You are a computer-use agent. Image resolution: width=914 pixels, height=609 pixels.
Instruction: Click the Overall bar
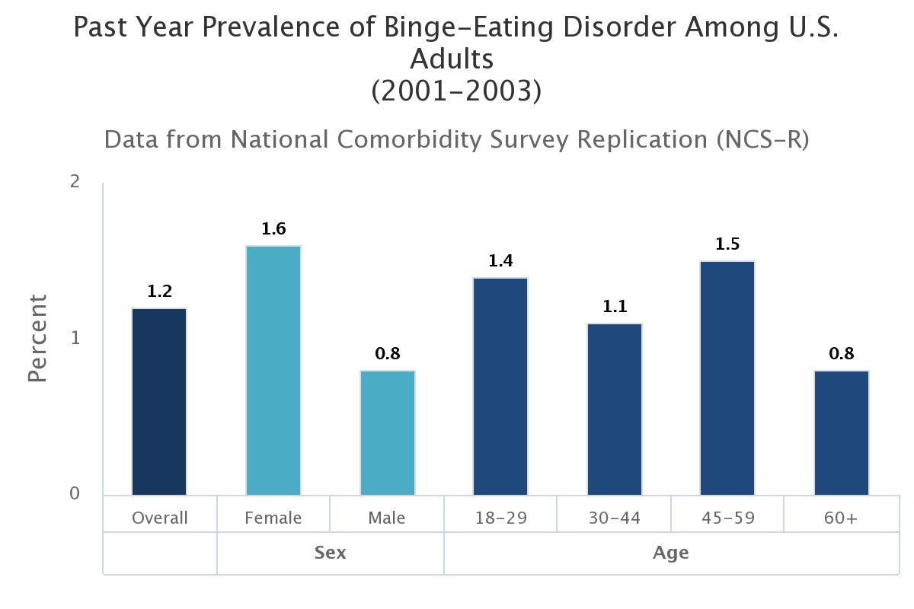point(159,402)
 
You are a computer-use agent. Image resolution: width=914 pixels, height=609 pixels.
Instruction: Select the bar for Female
point(273,371)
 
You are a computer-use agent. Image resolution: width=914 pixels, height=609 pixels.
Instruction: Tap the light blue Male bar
point(388,433)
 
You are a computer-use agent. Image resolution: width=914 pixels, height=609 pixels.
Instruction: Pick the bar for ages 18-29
point(500,387)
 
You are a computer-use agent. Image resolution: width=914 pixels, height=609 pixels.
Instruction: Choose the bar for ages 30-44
point(615,410)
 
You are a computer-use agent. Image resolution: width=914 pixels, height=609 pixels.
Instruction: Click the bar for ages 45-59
point(727,378)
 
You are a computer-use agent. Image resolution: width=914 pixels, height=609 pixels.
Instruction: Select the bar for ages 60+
point(842,433)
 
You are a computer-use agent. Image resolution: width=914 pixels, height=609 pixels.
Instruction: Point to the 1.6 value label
point(273,228)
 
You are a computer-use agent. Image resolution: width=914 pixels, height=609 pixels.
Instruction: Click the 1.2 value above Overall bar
point(159,291)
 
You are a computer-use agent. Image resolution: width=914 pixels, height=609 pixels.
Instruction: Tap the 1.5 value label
point(727,244)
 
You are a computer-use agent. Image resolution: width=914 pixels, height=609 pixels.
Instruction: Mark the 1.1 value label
point(615,307)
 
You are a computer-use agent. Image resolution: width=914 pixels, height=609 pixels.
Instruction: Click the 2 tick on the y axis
point(75,182)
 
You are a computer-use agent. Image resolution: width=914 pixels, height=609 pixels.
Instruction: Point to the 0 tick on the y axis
point(75,494)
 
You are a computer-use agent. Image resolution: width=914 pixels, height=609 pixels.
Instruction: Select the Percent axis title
point(37,338)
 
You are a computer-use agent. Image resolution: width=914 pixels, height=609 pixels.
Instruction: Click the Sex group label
point(330,553)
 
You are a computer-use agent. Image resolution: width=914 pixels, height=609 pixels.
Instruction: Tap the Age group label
point(671,553)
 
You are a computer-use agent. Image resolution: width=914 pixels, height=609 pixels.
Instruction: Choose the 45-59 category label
point(727,518)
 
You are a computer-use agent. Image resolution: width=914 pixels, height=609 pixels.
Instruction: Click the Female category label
point(273,518)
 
